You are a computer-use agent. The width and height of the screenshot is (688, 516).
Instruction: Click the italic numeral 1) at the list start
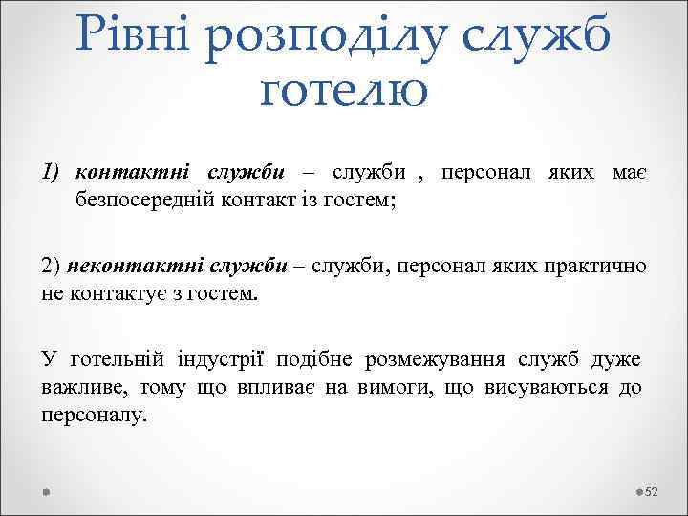pos(53,172)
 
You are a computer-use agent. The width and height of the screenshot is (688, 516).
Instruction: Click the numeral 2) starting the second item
pos(53,266)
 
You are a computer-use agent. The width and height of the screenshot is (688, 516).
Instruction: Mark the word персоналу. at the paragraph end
pos(95,415)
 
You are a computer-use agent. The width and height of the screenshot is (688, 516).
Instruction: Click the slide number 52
pos(653,491)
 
